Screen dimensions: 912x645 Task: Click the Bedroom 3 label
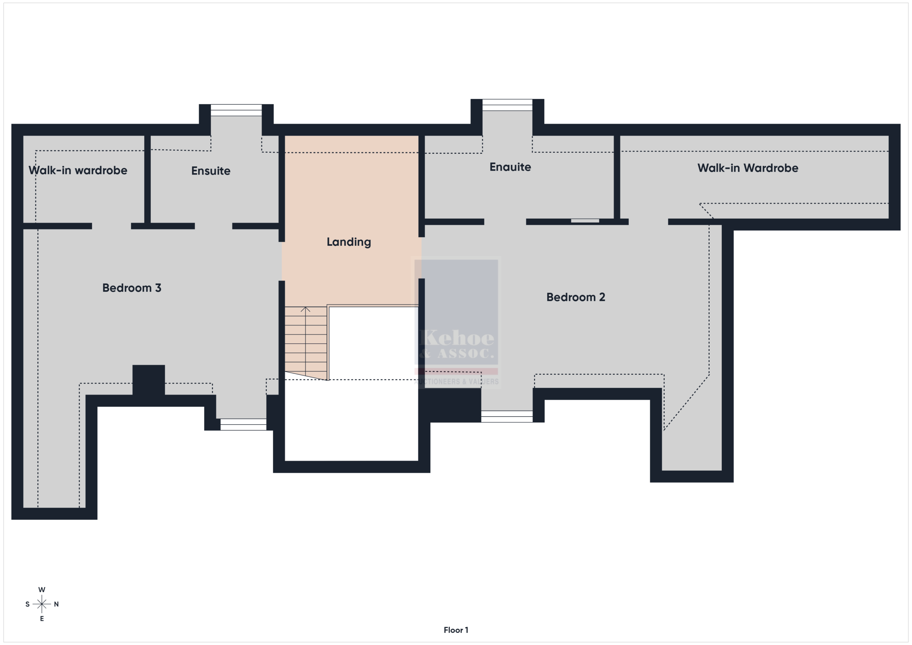[132, 288]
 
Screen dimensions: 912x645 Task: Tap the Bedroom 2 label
[576, 297]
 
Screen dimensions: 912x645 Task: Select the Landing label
[349, 242]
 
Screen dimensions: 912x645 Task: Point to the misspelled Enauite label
[510, 167]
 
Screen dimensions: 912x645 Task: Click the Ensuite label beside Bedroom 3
[211, 171]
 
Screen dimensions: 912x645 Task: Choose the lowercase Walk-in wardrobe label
[78, 170]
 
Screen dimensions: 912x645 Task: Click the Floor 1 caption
[456, 630]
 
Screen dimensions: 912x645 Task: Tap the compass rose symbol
[42, 604]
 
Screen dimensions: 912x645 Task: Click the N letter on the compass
[56, 604]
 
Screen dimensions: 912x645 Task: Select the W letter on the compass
[42, 590]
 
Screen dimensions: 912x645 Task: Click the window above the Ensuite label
[236, 110]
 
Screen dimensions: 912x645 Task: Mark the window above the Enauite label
[507, 105]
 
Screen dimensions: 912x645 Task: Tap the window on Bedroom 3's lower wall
[243, 425]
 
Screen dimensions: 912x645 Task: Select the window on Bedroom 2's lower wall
[507, 417]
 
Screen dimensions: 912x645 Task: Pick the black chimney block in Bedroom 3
[149, 380]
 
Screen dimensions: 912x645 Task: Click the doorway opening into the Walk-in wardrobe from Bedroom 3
[112, 226]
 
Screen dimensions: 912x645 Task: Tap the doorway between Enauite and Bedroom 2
[505, 222]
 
